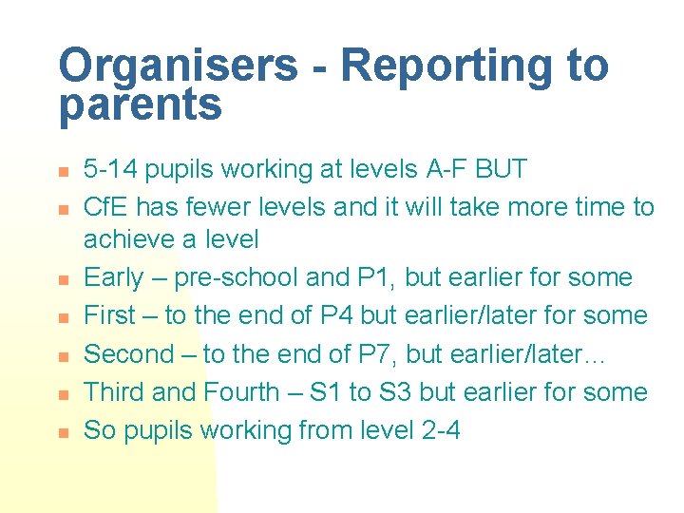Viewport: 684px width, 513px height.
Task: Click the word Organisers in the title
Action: pos(178,66)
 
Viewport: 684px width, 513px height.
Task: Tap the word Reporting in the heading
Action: pos(448,66)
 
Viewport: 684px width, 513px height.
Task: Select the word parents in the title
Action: pos(140,104)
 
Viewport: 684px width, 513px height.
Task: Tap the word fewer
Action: pos(215,207)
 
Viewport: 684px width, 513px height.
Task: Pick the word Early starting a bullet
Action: pos(113,277)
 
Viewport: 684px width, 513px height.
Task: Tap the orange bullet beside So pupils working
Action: pos(60,432)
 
